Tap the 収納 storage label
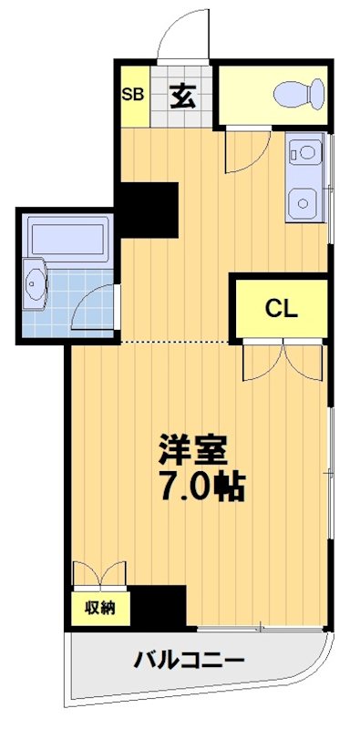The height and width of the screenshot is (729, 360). [x=100, y=607]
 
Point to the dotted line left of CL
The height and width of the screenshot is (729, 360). [x=173, y=342]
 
